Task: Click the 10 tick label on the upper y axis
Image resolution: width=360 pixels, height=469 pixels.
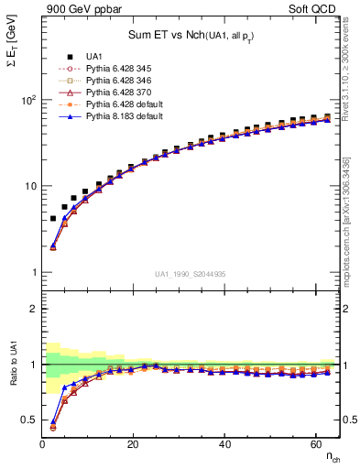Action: coord(30,186)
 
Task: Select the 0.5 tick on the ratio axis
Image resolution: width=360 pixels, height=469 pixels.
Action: coord(28,420)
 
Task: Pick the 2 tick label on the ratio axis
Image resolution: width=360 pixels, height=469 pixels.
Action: coord(32,309)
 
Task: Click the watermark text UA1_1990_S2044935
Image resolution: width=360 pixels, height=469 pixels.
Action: coord(191,274)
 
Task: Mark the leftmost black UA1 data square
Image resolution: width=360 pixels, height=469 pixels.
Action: coord(53,219)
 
